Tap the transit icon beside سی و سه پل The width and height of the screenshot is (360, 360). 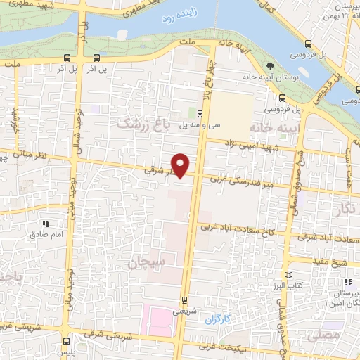pos(200,112)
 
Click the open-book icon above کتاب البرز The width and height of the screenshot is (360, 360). pos(287,275)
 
